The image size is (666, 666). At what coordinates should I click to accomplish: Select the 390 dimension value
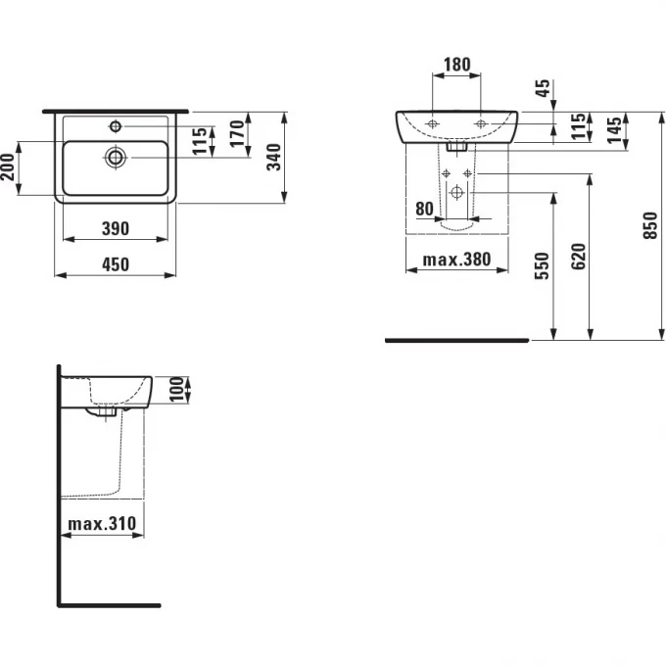(x=116, y=228)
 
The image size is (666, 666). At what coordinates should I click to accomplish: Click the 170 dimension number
(x=236, y=134)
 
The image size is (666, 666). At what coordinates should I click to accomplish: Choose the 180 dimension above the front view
(x=456, y=66)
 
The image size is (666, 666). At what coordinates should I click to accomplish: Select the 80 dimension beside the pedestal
(x=424, y=208)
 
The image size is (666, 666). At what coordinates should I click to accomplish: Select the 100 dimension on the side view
(x=176, y=390)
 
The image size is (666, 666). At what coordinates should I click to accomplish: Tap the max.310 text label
(x=101, y=525)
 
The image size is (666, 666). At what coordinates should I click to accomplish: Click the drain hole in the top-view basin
(x=117, y=156)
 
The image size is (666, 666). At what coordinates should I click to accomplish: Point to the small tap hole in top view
(x=116, y=125)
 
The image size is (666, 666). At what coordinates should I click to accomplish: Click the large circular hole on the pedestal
(x=456, y=192)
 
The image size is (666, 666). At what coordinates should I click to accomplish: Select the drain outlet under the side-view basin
(x=107, y=413)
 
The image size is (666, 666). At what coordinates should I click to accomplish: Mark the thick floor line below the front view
(x=457, y=341)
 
